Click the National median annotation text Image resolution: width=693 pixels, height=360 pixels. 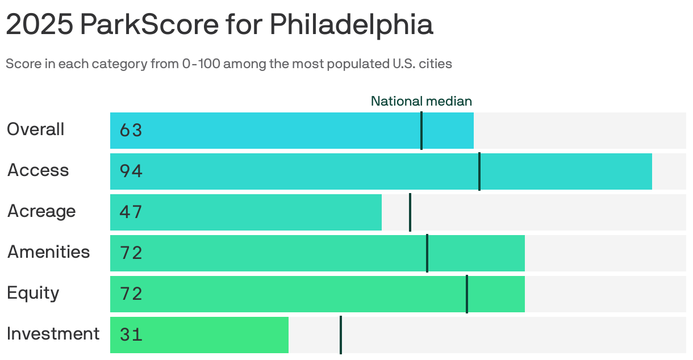tap(421, 101)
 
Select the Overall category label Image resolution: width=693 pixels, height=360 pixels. tap(35, 129)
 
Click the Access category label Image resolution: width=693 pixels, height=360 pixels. tap(38, 170)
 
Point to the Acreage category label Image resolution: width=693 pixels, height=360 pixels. tap(41, 211)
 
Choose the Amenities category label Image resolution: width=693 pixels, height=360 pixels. tap(48, 252)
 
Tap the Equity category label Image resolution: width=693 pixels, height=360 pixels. tap(33, 293)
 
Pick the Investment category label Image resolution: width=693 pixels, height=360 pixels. tap(53, 334)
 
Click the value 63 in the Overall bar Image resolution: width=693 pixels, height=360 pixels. tap(131, 131)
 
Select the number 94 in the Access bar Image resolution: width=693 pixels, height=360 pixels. tap(131, 171)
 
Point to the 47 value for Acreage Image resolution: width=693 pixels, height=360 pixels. tap(131, 212)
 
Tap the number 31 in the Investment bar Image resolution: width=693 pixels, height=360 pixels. tap(131, 335)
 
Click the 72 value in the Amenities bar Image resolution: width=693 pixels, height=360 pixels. tap(131, 253)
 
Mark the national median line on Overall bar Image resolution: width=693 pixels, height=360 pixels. tap(421, 131)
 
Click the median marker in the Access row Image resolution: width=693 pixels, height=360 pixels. tap(479, 171)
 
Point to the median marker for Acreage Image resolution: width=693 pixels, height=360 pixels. tap(410, 212)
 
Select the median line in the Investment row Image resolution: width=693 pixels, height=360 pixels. tap(341, 335)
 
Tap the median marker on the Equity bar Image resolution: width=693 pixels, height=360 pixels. tap(467, 294)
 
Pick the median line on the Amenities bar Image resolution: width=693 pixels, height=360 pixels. tap(427, 253)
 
